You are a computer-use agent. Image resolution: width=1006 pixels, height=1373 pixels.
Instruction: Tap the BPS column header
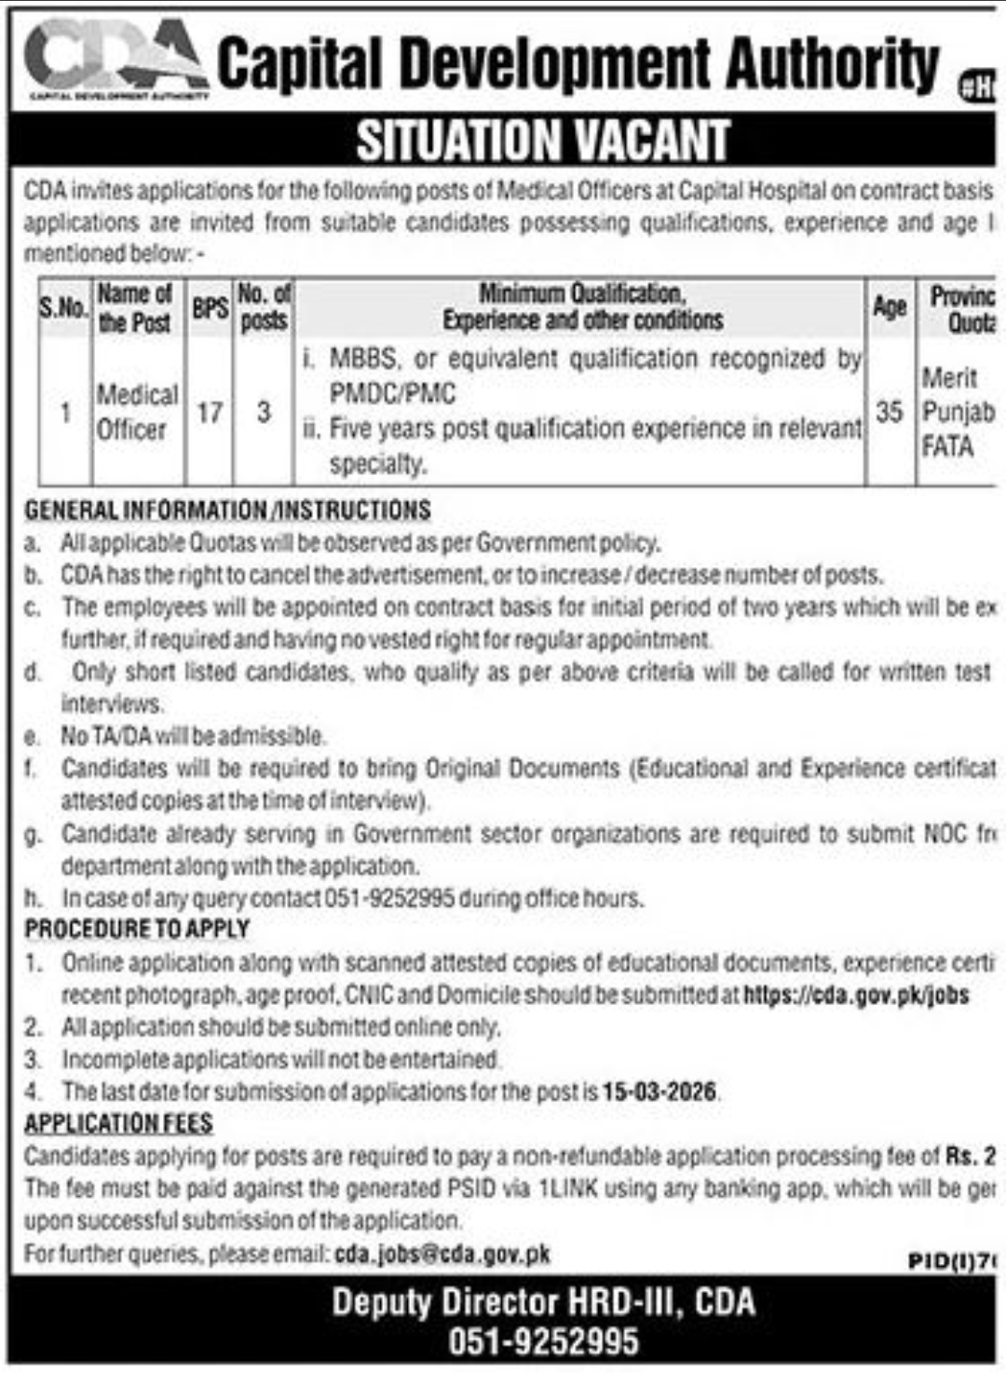click(210, 307)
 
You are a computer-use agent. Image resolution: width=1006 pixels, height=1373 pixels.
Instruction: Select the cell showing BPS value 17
click(210, 411)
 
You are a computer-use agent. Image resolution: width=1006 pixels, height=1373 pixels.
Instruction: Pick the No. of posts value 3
click(264, 411)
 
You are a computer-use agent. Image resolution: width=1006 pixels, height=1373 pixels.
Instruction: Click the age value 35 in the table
click(890, 411)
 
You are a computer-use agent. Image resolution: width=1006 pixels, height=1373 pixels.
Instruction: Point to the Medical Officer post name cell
click(137, 412)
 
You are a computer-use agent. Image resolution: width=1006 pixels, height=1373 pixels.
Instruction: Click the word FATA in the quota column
click(947, 447)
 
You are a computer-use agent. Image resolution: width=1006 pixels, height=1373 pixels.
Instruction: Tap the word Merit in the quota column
click(950, 377)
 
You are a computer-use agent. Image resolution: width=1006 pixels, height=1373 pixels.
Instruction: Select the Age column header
click(890, 306)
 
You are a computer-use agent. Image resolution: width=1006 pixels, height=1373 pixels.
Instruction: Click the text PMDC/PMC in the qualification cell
click(392, 393)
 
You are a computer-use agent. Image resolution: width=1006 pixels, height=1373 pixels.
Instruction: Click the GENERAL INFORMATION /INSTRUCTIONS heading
click(227, 510)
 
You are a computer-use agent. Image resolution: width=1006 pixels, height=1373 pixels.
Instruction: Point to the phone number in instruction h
click(389, 898)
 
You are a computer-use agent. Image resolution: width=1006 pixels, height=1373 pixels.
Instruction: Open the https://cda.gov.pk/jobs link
click(856, 995)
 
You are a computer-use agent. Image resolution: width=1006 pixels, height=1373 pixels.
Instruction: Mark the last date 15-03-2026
click(659, 1091)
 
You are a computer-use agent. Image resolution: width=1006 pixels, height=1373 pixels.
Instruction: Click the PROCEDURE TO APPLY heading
click(137, 929)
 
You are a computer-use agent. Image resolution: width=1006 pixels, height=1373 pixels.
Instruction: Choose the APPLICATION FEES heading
click(118, 1123)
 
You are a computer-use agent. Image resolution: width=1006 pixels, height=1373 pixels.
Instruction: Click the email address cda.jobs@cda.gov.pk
click(442, 1254)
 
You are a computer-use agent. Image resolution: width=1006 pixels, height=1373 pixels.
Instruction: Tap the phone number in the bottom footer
click(543, 1341)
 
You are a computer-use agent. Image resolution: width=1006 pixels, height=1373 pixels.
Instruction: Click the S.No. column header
click(63, 306)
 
